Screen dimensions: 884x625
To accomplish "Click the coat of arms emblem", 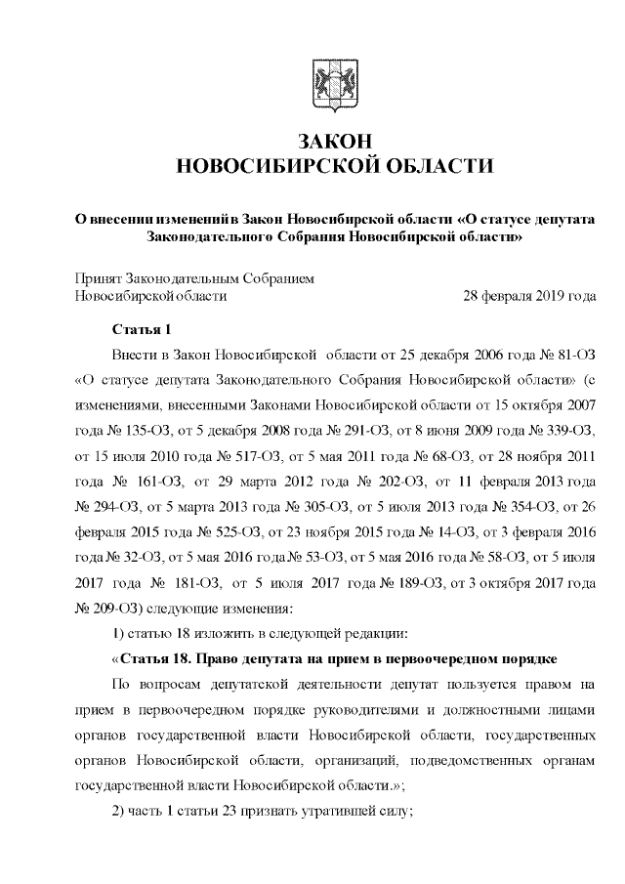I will [x=323, y=81].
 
